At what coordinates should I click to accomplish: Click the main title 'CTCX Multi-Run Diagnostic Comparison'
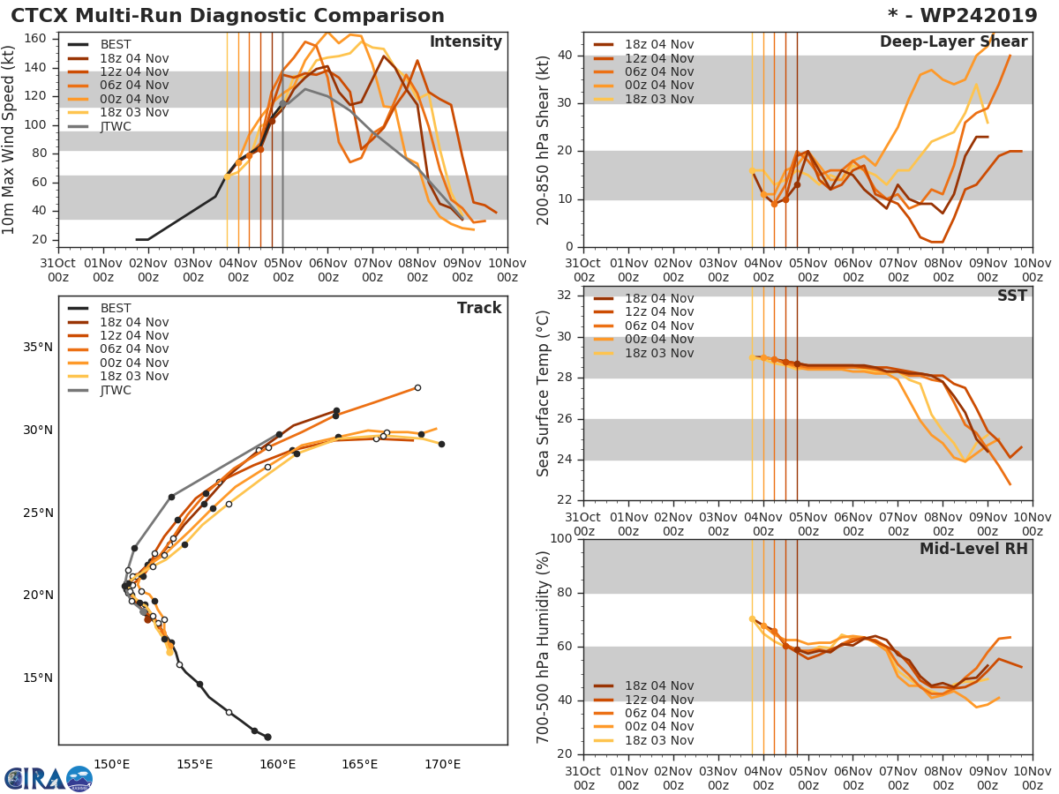pos(228,16)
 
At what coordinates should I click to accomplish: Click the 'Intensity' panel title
pos(465,42)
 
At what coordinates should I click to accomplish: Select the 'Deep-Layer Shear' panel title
pos(953,42)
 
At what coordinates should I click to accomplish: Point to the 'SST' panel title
pos(1011,296)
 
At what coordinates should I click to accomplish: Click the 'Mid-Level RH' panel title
pos(973,550)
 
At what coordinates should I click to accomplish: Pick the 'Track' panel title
pos(479,309)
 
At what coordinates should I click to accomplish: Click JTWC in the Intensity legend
pos(116,126)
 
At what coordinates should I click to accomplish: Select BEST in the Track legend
pos(116,309)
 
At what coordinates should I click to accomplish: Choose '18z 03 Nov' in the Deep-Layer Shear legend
pos(659,99)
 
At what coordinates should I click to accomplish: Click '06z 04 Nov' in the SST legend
pos(659,326)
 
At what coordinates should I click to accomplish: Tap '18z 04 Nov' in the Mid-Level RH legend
pos(659,686)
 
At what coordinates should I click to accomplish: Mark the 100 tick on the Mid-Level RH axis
pos(562,539)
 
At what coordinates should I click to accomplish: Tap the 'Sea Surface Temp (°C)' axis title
pos(544,393)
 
